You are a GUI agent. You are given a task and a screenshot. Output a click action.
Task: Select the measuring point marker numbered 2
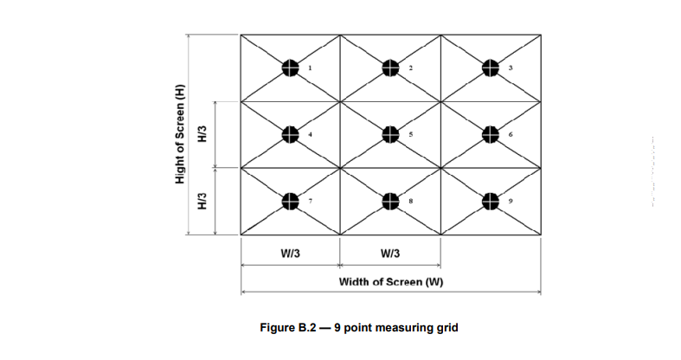click(390, 67)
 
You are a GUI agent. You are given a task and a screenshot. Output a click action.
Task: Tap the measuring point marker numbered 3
click(490, 67)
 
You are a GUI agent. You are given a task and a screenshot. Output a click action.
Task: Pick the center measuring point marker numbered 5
click(390, 134)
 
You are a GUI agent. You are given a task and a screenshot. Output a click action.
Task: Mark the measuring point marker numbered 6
click(490, 134)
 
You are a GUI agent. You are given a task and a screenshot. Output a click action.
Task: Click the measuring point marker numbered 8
click(390, 201)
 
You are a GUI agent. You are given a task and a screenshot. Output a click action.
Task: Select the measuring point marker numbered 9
click(490, 201)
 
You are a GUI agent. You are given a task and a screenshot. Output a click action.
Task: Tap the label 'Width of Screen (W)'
click(391, 282)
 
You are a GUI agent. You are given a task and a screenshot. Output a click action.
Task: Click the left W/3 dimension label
click(291, 253)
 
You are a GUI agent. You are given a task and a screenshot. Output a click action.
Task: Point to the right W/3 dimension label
click(390, 253)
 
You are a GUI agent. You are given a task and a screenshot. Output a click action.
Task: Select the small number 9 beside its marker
click(511, 202)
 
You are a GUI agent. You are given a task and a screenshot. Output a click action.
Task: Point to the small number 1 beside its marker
click(311, 67)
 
